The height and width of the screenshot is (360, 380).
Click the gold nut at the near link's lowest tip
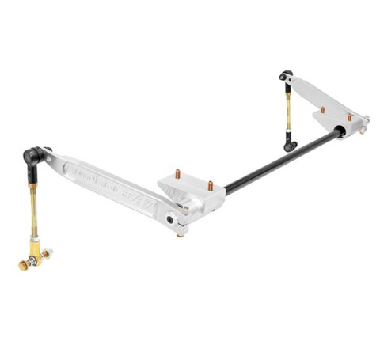[21, 266]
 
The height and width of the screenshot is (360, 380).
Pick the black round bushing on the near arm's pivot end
[171, 219]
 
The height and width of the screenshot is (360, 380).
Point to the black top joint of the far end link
[284, 76]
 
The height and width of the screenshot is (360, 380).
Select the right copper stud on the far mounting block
[350, 116]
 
